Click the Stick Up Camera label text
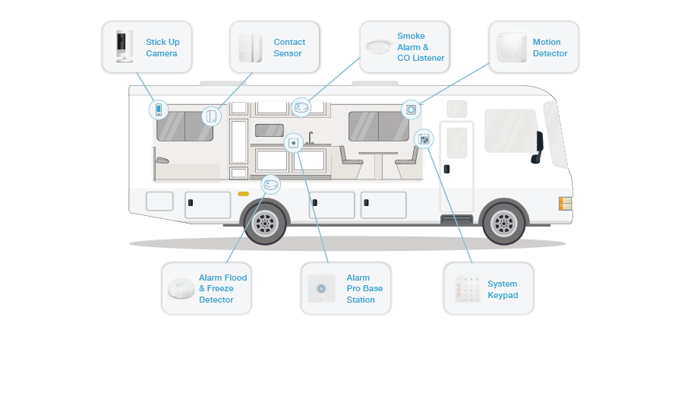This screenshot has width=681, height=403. (x=162, y=48)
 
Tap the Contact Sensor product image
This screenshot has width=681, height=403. (x=250, y=48)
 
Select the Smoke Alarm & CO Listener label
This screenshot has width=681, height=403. (x=421, y=47)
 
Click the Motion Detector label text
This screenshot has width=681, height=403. (x=550, y=48)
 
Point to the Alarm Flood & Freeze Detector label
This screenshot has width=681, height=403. (x=222, y=289)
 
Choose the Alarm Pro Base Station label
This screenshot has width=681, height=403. (x=364, y=289)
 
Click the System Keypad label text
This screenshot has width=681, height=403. (x=503, y=289)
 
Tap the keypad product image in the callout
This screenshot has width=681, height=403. (x=468, y=290)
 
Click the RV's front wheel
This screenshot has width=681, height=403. (x=503, y=223)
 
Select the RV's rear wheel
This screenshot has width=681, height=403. (x=265, y=223)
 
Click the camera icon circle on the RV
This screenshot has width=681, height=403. (x=159, y=109)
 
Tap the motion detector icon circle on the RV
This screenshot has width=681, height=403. (x=411, y=109)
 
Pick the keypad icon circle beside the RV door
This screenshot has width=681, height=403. (x=424, y=139)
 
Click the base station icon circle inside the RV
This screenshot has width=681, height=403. (x=294, y=142)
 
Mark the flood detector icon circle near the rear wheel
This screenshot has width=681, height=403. (x=270, y=184)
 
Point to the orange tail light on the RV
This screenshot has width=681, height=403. (x=565, y=203)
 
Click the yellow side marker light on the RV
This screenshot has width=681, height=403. (x=243, y=194)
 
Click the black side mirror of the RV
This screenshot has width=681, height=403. (x=538, y=143)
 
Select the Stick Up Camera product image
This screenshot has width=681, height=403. (x=123, y=47)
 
